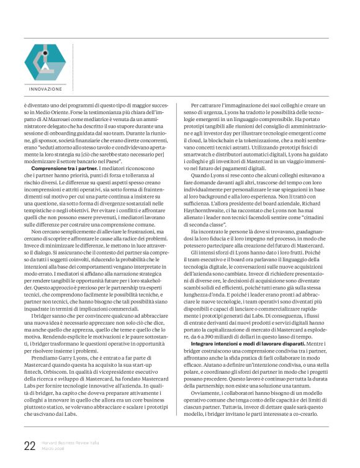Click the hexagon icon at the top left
45,62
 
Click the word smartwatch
206,150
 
